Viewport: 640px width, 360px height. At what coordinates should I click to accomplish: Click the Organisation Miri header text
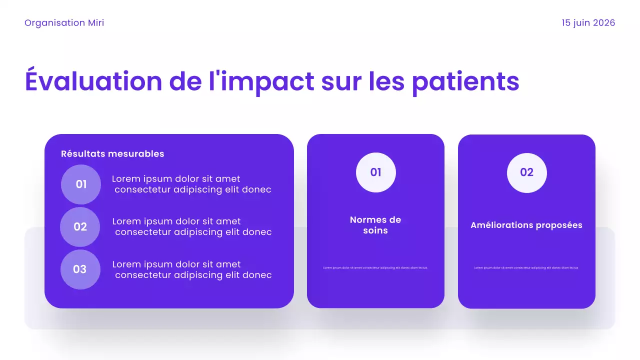(64, 23)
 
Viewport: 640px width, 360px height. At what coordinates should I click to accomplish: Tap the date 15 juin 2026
(588, 23)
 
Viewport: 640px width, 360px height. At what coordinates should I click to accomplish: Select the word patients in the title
(465, 81)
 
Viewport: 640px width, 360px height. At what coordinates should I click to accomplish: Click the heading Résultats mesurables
(112, 154)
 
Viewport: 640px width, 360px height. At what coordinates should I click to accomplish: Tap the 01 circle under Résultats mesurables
(81, 184)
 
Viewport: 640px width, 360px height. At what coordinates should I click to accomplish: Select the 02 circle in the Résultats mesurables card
(80, 227)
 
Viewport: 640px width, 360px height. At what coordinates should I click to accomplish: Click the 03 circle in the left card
(80, 269)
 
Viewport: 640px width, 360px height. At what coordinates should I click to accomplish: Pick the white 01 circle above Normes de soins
(375, 172)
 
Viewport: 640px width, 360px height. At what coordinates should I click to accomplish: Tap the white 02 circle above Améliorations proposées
(526, 172)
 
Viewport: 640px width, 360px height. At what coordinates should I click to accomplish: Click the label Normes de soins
(375, 225)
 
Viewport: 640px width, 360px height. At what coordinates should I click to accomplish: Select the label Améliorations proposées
(526, 225)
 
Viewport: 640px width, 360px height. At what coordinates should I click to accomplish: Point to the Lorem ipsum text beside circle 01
(191, 184)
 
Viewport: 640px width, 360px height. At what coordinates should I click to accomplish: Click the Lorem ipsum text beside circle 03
(192, 269)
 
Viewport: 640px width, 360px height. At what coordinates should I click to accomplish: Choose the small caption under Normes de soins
(375, 268)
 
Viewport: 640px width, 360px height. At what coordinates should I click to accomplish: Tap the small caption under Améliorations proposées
(526, 268)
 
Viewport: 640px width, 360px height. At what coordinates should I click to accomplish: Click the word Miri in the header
(96, 23)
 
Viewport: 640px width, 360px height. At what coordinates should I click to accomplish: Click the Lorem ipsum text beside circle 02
(192, 227)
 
